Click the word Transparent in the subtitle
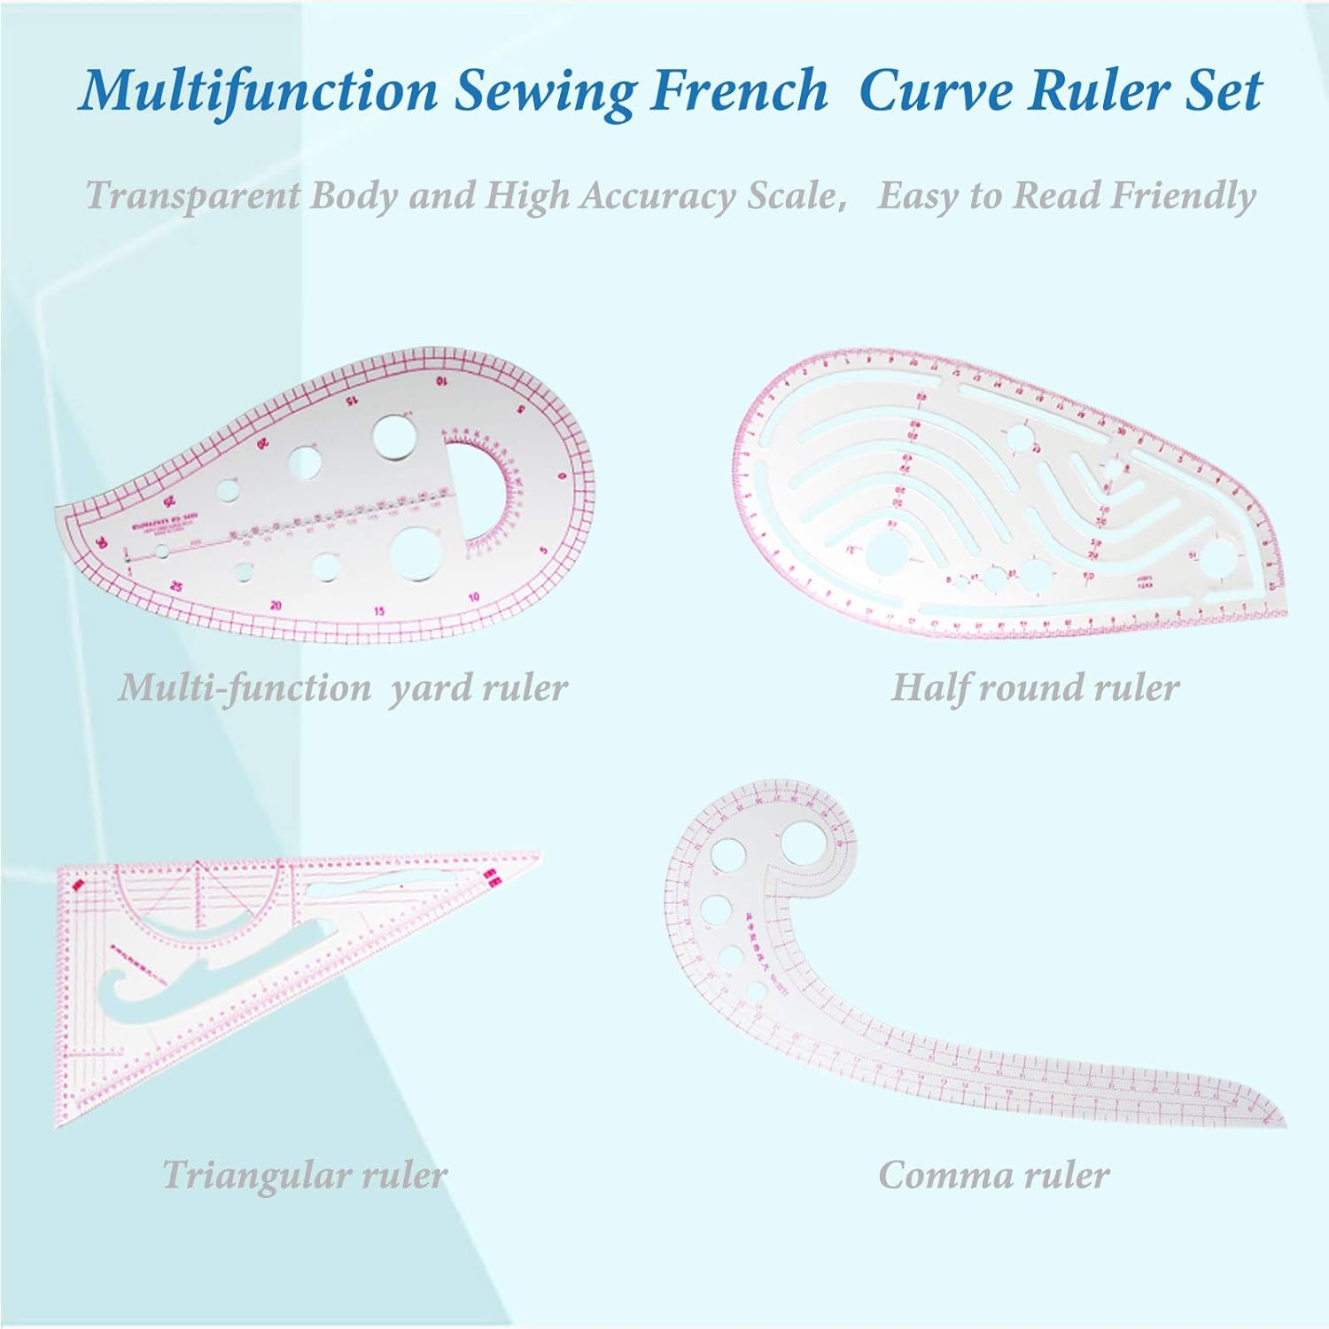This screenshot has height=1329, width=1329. pyautogui.click(x=192, y=195)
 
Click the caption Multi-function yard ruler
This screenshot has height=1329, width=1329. pyautogui.click(x=343, y=688)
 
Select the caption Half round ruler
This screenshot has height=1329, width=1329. pyautogui.click(x=1035, y=688)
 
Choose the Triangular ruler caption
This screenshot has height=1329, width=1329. pyautogui.click(x=304, y=1175)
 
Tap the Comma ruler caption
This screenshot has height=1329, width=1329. pyautogui.click(x=993, y=1175)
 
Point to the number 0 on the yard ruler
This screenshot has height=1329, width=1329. pyautogui.click(x=560, y=478)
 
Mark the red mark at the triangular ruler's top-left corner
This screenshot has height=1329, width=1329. pyautogui.click(x=76, y=883)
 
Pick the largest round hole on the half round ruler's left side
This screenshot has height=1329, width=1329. pyautogui.click(x=883, y=555)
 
